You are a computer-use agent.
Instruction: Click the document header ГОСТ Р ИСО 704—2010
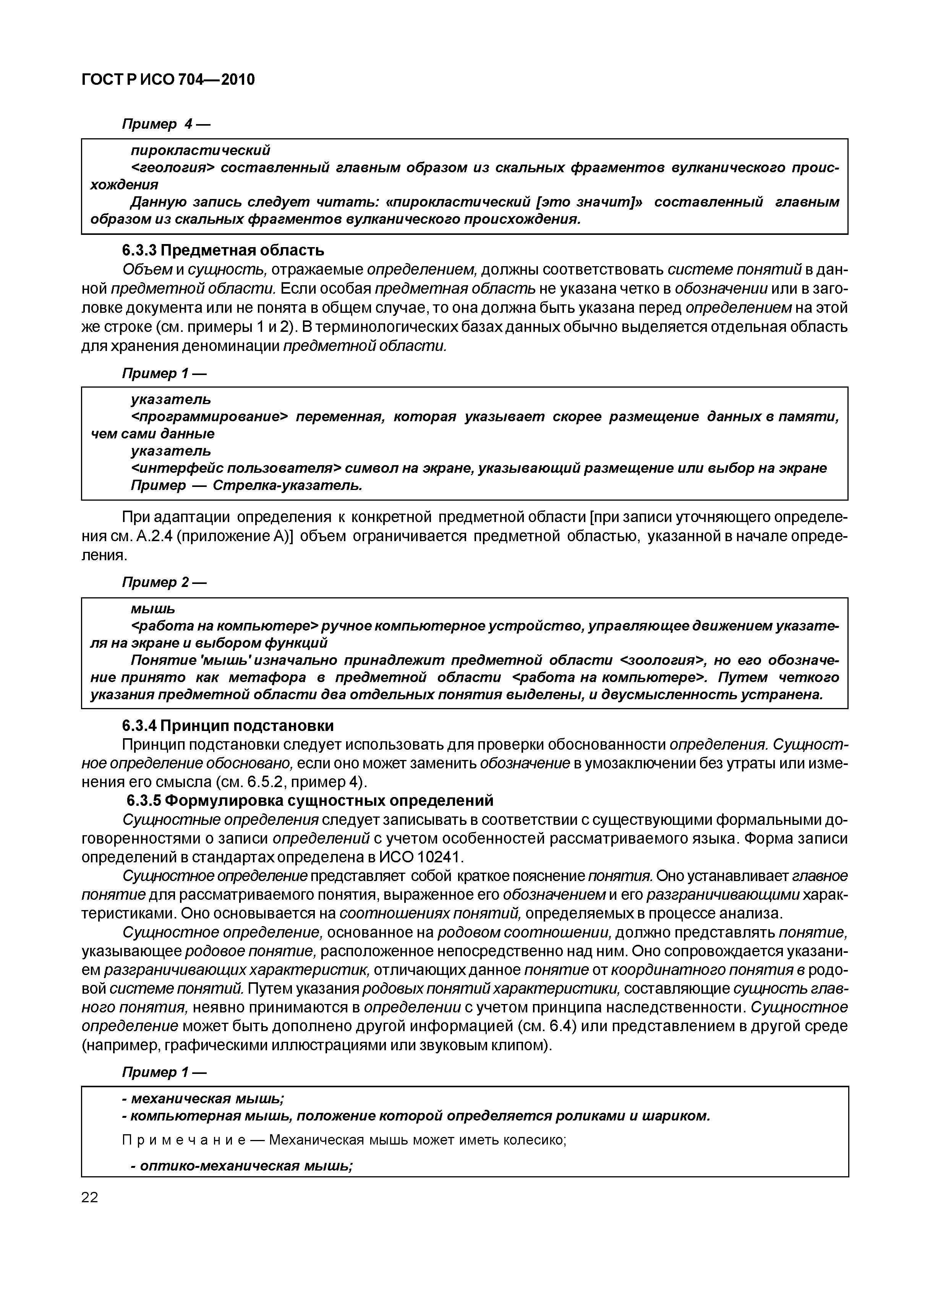168,80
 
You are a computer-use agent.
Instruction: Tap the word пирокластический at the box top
200,150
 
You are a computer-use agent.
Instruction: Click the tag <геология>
172,168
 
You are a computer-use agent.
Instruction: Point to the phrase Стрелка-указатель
287,485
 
